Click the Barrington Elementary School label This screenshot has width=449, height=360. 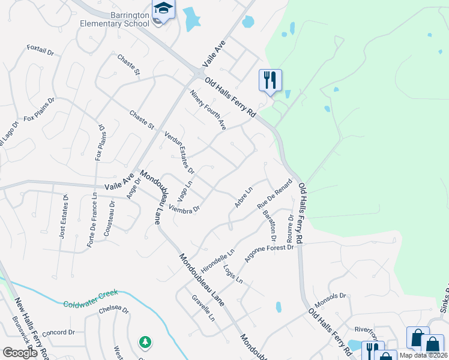tap(113, 19)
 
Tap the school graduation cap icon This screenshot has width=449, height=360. tap(163, 9)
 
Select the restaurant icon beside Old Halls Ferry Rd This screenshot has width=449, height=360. tap(270, 79)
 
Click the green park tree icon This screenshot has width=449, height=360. tap(145, 342)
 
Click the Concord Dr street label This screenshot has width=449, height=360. tap(58, 332)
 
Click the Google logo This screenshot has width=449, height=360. tap(20, 352)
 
